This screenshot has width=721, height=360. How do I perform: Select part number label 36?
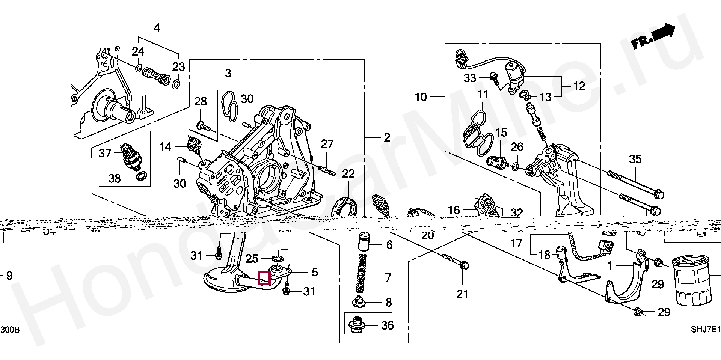pos(387,325)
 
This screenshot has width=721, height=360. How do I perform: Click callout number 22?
pos(348,174)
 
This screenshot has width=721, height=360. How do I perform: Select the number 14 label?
pos(165,147)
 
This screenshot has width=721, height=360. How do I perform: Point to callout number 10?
pos(421,97)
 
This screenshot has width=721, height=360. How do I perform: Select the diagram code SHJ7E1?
pos(706,330)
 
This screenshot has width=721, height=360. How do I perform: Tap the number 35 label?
pos(635,159)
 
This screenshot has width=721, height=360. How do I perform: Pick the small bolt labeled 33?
pos(494,77)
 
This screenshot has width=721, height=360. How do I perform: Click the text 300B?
pos(10,330)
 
